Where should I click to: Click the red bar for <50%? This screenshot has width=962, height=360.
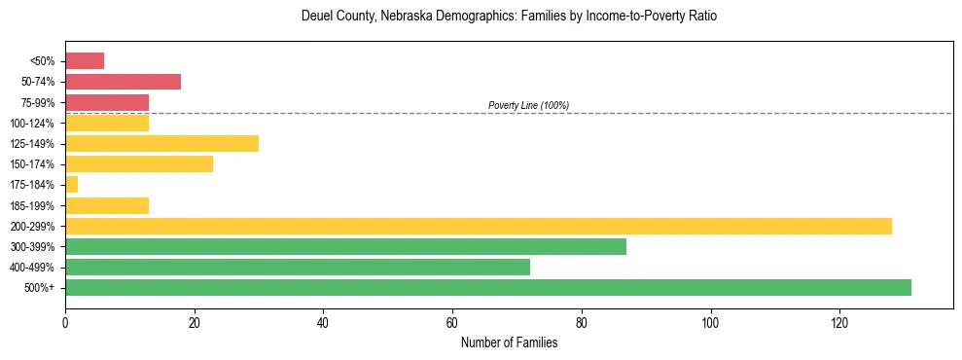(x=85, y=61)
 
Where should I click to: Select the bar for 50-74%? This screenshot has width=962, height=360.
(x=123, y=82)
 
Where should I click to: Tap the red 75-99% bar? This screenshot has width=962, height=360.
(x=107, y=102)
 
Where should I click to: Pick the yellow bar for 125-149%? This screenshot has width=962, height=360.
(x=161, y=144)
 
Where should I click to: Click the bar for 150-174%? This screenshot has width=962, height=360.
(x=139, y=164)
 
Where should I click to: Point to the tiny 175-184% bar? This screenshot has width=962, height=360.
(x=71, y=185)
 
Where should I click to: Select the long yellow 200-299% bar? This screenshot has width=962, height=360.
(x=479, y=226)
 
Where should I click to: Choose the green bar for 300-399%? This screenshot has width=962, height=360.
(x=345, y=247)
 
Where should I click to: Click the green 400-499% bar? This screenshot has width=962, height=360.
(x=298, y=268)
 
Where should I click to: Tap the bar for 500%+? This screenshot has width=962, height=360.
(x=488, y=288)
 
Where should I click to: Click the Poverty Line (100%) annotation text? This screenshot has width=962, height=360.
(x=528, y=105)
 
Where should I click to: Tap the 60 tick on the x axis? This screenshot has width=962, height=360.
(x=452, y=323)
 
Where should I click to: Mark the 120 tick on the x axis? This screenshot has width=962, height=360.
(x=839, y=323)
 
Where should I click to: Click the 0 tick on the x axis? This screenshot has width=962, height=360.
(x=65, y=323)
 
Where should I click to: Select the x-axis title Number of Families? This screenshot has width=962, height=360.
(x=509, y=342)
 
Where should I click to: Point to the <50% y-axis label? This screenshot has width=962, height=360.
(x=44, y=61)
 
